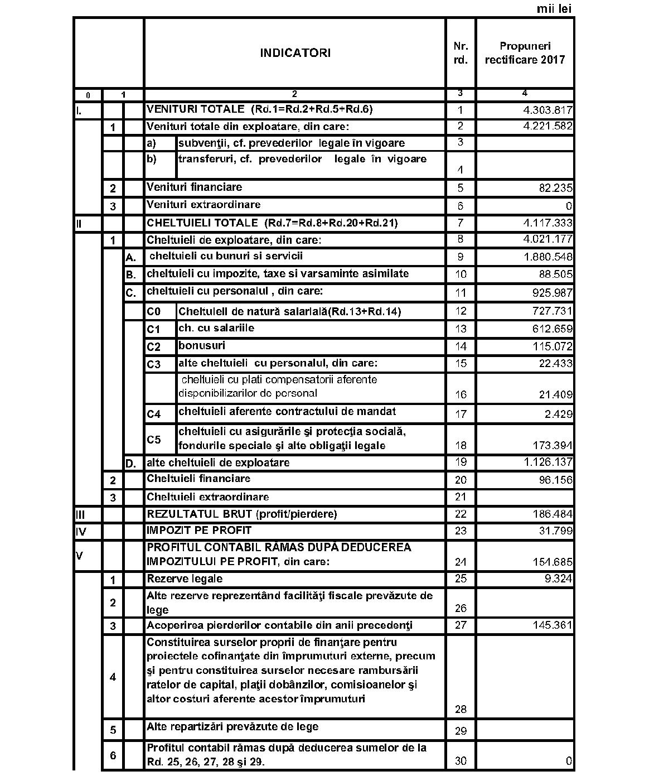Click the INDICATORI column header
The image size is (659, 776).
(295, 53)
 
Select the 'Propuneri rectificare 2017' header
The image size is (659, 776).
(524, 53)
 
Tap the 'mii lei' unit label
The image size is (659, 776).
(554, 9)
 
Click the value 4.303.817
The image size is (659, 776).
(547, 110)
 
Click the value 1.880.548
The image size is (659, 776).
(548, 257)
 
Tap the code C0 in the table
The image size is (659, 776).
(153, 311)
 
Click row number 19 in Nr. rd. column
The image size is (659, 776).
(461, 462)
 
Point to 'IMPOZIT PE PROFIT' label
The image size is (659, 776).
(199, 530)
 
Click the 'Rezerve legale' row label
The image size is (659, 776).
(185, 579)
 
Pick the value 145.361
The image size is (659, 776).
(553, 625)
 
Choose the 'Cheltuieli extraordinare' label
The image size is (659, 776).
(207, 497)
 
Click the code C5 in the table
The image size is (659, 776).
(154, 440)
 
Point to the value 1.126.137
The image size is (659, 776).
(548, 462)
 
